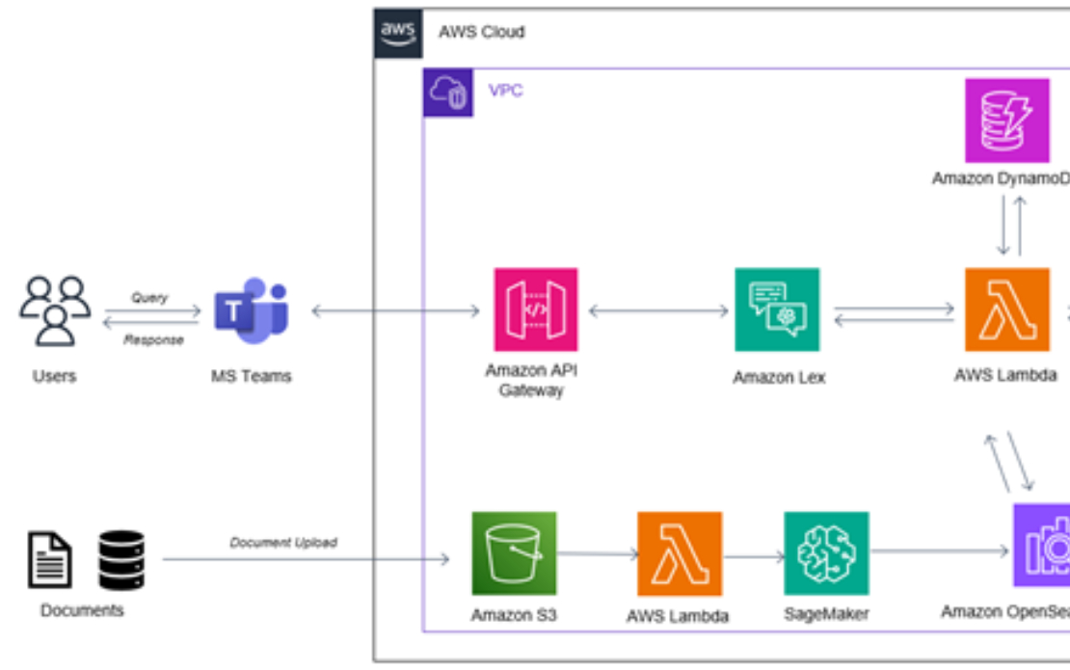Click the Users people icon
(55, 310)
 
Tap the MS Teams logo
(251, 310)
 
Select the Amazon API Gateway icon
(535, 310)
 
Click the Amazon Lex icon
(777, 310)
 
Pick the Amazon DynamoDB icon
(1007, 121)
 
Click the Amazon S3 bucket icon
(514, 553)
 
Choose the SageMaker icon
(826, 553)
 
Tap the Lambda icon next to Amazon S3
(680, 553)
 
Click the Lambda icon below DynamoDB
(1007, 310)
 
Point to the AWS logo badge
(398, 33)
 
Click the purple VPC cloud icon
(448, 93)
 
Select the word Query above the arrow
(149, 298)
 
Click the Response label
(152, 339)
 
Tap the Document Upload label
(283, 543)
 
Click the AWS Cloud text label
(481, 32)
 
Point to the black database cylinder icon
(121, 559)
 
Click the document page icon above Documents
(49, 559)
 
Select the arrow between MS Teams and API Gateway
(395, 310)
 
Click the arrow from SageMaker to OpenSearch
(940, 553)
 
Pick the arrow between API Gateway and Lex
(658, 310)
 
